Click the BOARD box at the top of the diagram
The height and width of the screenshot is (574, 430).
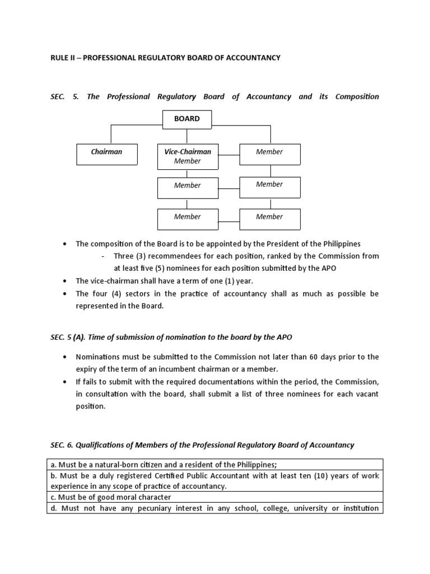[x=187, y=119]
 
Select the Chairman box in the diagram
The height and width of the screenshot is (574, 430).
[x=106, y=152]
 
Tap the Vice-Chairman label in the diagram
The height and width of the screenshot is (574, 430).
[x=188, y=152]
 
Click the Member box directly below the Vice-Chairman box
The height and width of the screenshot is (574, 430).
[x=188, y=186]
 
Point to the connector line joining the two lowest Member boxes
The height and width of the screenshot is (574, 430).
[x=228, y=219]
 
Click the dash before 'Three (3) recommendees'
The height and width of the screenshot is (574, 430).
[x=104, y=256]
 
